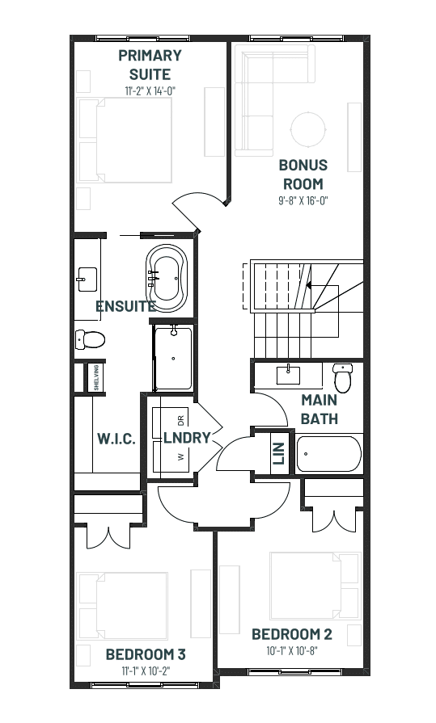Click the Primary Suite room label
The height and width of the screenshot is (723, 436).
tap(150, 65)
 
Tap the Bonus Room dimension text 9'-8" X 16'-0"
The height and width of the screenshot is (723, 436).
tap(303, 201)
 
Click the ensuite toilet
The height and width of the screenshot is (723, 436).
tap(90, 340)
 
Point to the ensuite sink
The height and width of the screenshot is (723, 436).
tap(87, 280)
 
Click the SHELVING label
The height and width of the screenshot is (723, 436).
tap(96, 377)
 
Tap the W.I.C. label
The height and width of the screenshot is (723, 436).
tap(116, 439)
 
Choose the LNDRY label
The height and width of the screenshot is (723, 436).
tap(187, 438)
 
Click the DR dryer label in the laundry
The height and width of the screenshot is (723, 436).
tap(180, 421)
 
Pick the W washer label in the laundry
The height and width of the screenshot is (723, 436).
tap(180, 456)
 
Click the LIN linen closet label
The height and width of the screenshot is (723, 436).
tap(278, 454)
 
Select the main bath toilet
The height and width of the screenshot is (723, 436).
tap(343, 377)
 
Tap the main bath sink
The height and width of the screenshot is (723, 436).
tap(288, 374)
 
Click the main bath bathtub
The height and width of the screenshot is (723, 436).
tap(329, 454)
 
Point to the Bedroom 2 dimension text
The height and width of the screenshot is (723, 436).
tap(292, 650)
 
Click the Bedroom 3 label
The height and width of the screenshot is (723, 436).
tap(146, 654)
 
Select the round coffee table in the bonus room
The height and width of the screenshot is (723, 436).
tap(308, 129)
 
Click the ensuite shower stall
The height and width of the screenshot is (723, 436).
tap(173, 359)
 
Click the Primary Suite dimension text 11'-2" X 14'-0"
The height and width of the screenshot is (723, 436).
tap(150, 90)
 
